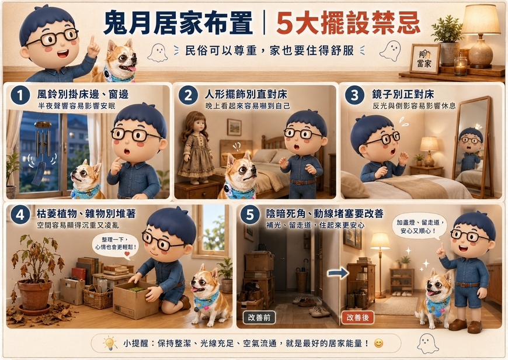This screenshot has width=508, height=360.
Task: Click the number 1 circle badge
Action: pyautogui.click(x=20, y=95)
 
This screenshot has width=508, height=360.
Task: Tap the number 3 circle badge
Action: pyautogui.click(x=355, y=96)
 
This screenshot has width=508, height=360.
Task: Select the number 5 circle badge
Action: pyautogui.click(x=250, y=214)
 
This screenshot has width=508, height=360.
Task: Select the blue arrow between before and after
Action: pyautogui.click(x=337, y=273)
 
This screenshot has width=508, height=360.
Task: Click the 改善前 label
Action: pyautogui.click(x=259, y=317)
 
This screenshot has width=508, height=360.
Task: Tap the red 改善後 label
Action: pyautogui.click(x=358, y=317)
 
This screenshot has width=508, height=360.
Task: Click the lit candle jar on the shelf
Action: pyautogui.click(x=460, y=66)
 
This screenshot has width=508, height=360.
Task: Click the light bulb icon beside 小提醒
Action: pyautogui.click(x=110, y=343)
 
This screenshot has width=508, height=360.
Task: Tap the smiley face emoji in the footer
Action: pyautogui.click(x=378, y=343)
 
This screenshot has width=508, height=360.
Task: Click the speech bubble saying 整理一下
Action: pyautogui.click(x=116, y=246)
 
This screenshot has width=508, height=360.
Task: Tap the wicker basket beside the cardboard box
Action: pyautogui.click(x=98, y=297)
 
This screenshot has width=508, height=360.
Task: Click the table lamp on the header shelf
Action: pyautogui.click(x=481, y=36)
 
